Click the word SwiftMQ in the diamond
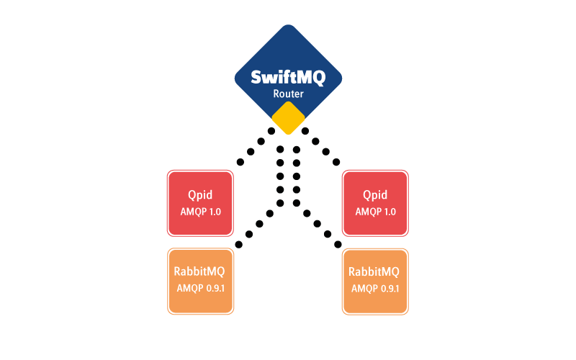coord(288,78)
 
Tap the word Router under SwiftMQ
coord(288,94)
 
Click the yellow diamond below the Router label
coord(288,117)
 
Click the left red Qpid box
coord(200,203)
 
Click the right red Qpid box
coord(375,203)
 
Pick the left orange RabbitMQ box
coord(200,281)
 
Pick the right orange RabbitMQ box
coord(375,281)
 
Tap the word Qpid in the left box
coord(200,195)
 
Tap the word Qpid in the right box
coord(375,195)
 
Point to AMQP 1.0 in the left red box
coord(200,212)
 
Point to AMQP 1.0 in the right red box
coord(375,212)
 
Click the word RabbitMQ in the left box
coord(199,272)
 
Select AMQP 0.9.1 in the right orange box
coord(375,289)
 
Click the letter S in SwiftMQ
coord(256,78)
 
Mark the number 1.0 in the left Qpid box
coord(213,212)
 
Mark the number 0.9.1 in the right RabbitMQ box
coord(390,289)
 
